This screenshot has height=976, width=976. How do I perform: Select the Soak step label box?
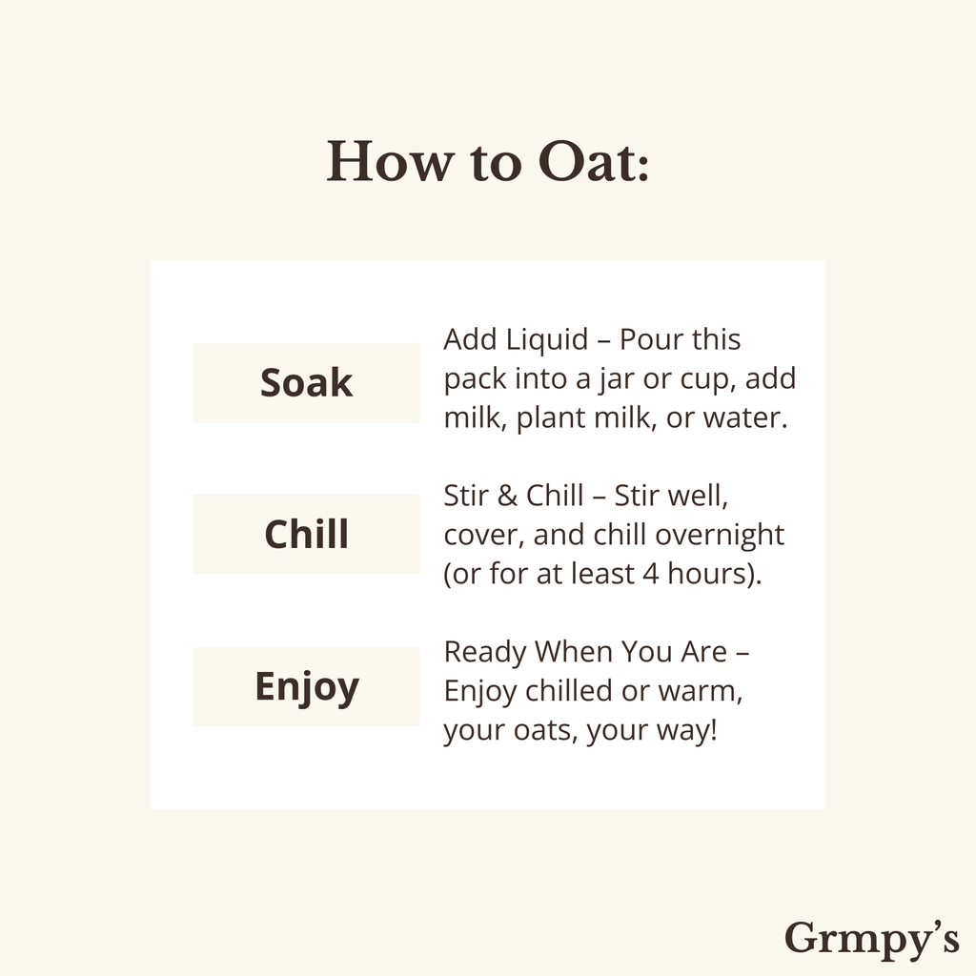pyautogui.click(x=306, y=383)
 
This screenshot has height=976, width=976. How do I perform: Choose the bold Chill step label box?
pyautogui.click(x=306, y=534)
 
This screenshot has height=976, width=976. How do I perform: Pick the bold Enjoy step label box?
pyautogui.click(x=306, y=686)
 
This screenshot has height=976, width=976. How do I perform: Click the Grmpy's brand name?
pyautogui.click(x=871, y=938)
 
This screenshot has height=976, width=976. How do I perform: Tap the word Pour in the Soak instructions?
pyautogui.click(x=652, y=340)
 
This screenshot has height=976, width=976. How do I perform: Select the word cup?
pyautogui.click(x=710, y=379)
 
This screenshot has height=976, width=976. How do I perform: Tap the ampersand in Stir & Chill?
pyautogui.click(x=505, y=497)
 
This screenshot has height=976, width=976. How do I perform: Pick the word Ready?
pyautogui.click(x=485, y=653)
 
